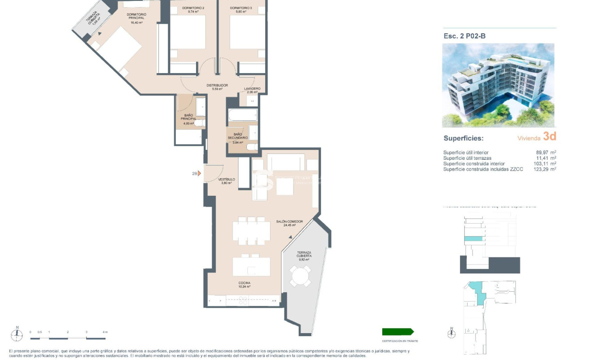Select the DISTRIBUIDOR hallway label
point(217,85)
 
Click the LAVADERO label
point(252,89)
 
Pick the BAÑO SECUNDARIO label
point(237,136)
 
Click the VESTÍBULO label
point(227,180)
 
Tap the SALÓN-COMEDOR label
point(290,222)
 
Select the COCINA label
point(245,283)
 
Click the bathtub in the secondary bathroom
point(242,115)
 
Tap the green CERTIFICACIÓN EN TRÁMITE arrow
point(398,332)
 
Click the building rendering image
point(498,85)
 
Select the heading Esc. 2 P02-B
point(464,36)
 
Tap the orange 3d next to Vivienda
point(549,136)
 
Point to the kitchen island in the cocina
point(251,267)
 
